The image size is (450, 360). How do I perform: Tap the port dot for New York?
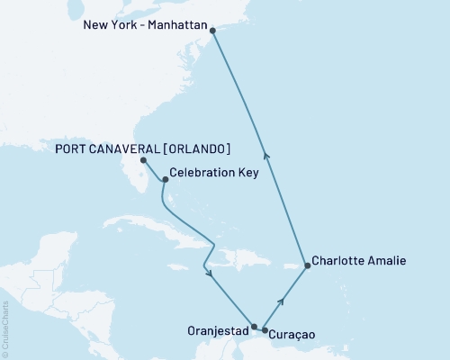[x=212, y=31]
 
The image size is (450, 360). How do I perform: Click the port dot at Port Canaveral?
[x=144, y=161]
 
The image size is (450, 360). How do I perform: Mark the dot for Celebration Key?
[x=165, y=178]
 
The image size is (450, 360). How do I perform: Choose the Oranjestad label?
[x=217, y=328]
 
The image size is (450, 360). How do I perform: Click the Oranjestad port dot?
[x=255, y=327]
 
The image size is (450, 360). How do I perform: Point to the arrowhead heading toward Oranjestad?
[x=209, y=273]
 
